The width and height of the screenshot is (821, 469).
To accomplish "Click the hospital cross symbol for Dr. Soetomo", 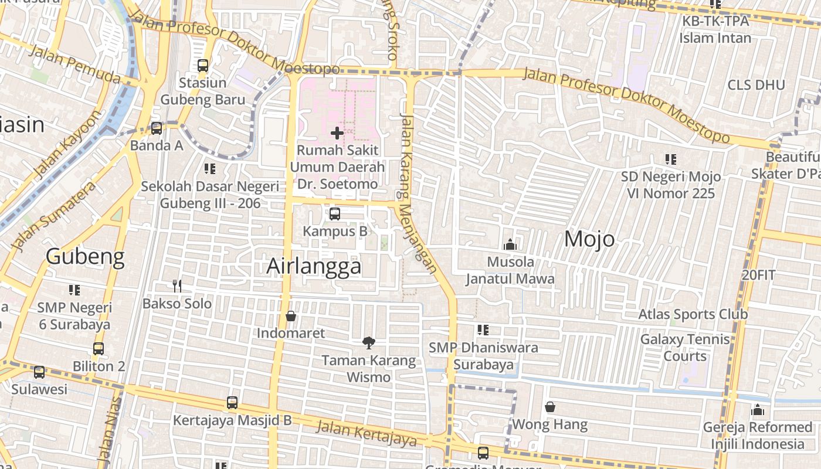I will tap(337, 133).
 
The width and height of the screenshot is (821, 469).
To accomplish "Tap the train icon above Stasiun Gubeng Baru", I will tap(203, 66).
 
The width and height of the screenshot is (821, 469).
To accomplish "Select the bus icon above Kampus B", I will tap(335, 214).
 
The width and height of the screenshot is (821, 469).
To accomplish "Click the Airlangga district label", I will tap(314, 266).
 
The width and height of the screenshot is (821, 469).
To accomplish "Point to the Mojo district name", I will tap(589, 239).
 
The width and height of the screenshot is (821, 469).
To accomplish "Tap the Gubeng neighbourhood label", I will tap(85, 257).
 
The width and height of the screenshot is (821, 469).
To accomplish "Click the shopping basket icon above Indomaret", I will tap(290, 317).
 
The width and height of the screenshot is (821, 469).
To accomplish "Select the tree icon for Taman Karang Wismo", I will tap(368, 343).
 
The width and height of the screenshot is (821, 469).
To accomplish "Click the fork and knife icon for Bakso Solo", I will tap(177, 286).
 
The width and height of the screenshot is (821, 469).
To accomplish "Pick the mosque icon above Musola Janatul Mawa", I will tap(510, 244).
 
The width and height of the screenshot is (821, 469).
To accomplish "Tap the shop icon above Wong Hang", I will tap(550, 407).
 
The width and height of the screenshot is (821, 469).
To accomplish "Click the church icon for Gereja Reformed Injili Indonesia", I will tap(758, 410).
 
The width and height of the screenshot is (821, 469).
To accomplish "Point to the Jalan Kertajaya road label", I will tap(367, 434).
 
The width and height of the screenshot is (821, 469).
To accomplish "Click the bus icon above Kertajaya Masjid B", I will tap(232, 403).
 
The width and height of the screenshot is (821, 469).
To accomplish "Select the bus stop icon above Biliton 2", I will tap(99, 349).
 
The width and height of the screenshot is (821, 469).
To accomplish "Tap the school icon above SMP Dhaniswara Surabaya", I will tap(483, 330).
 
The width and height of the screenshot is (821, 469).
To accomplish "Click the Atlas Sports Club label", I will tap(693, 314).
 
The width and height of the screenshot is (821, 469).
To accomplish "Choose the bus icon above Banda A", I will tap(157, 128).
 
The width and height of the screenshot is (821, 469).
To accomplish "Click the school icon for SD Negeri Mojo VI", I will tap(671, 159).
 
